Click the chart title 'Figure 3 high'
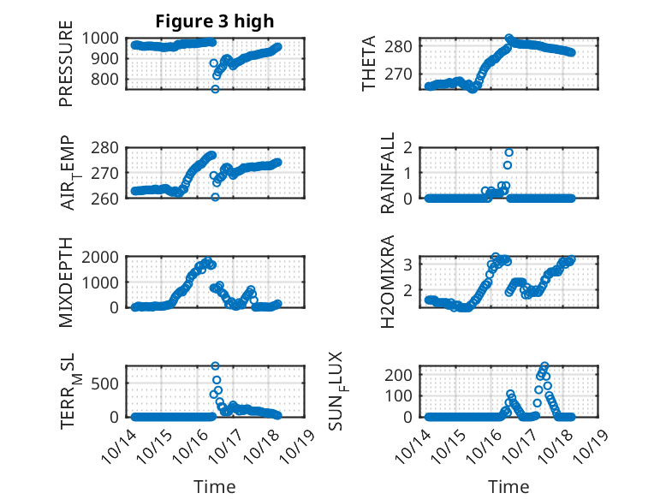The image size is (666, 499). (215, 21)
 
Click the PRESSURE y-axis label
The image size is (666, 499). (66, 69)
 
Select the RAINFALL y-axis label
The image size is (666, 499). (388, 172)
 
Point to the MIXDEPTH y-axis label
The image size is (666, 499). (66, 282)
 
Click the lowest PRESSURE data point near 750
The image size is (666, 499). (215, 89)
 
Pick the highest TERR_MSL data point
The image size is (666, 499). (215, 366)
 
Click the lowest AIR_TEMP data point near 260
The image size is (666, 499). (215, 197)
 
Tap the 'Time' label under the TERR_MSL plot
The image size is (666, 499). (215, 486)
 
